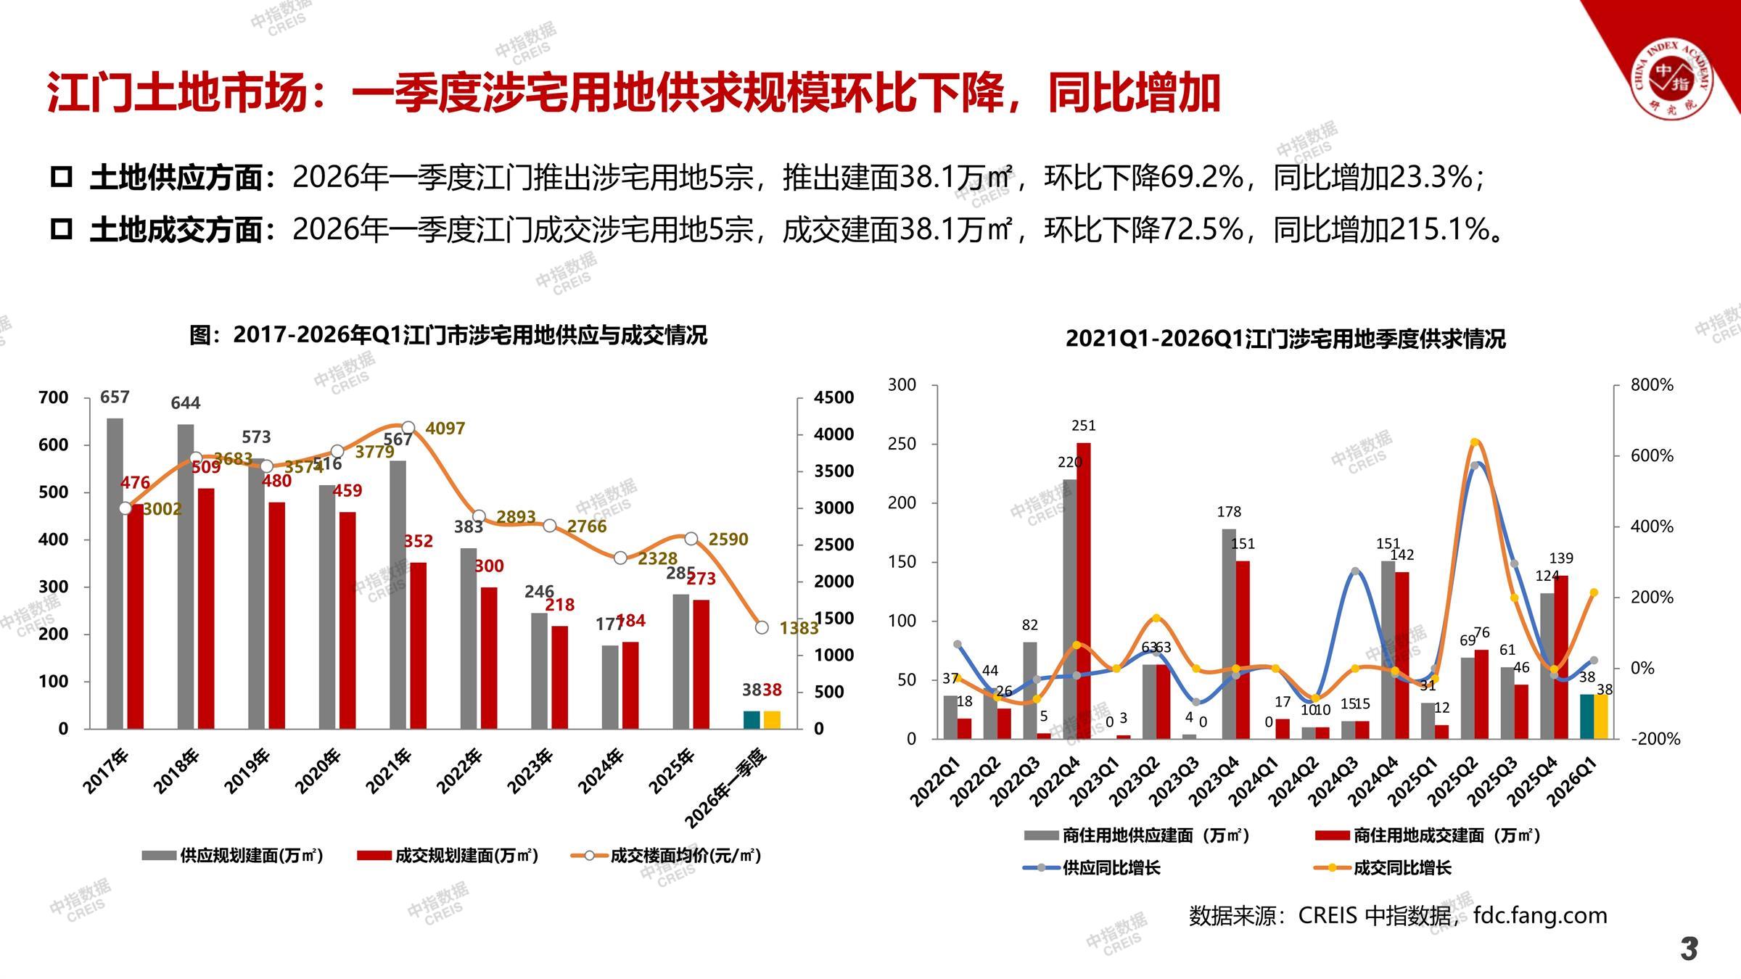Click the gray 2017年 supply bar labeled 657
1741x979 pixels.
[x=115, y=573]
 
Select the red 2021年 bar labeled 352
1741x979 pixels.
[x=417, y=645]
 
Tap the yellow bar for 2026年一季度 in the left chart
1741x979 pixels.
[x=772, y=719]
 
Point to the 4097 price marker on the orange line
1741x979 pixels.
[x=408, y=428]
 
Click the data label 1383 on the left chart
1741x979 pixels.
[x=799, y=628]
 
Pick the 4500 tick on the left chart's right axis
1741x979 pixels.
[x=834, y=397]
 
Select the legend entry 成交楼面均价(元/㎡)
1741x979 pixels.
[x=685, y=856]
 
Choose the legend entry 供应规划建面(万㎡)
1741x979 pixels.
[x=251, y=856]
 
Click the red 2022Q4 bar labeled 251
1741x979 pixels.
[x=1083, y=590]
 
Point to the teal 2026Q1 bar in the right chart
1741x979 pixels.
[x=1587, y=716]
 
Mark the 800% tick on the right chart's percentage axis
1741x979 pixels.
[x=1652, y=385]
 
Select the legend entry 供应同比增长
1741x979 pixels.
[x=1111, y=868]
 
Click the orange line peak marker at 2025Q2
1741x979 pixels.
[x=1475, y=442]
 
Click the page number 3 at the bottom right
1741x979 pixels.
[x=1689, y=949]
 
